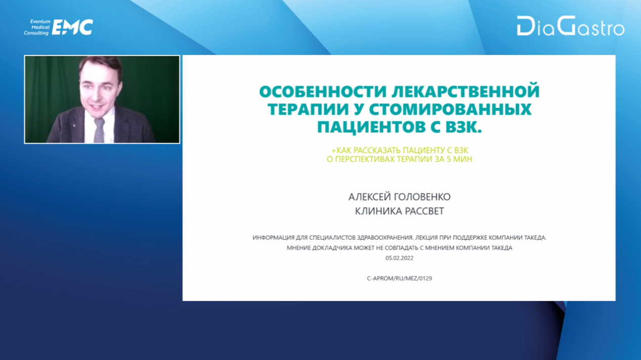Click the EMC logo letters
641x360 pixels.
tap(72, 27)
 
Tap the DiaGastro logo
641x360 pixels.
tap(571, 26)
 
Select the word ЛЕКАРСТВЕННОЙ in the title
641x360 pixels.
tap(466, 91)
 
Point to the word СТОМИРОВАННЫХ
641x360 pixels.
tap(450, 109)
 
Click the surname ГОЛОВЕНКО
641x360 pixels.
tap(422, 197)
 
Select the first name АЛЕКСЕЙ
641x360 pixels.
tap(369, 197)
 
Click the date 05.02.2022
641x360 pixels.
tap(399, 258)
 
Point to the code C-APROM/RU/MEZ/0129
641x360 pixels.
tap(399, 278)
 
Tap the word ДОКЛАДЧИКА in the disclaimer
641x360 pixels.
tap(332, 248)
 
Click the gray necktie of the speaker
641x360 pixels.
tap(100, 130)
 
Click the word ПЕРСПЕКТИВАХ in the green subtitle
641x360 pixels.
tap(365, 159)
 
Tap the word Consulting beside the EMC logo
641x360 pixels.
tap(36, 33)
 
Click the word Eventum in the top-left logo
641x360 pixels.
tap(40, 21)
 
